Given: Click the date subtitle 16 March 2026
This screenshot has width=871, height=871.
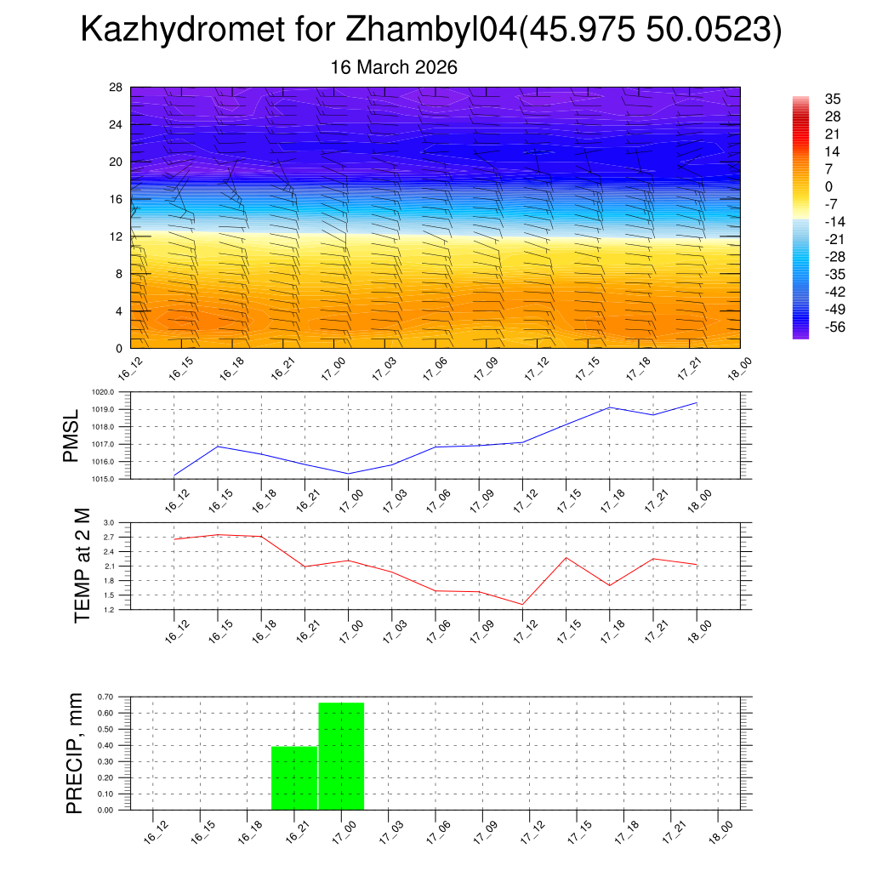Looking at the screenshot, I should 394,67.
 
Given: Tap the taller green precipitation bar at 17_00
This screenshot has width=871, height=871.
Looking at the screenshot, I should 341,756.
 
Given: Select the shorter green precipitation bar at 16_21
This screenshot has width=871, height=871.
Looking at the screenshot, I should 294,777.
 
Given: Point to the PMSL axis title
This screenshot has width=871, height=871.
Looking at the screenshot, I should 71,435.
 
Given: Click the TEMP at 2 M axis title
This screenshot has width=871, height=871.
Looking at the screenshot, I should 82,566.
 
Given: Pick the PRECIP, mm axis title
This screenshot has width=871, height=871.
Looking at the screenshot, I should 75,753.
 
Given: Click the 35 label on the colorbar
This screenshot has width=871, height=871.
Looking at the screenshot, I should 833,99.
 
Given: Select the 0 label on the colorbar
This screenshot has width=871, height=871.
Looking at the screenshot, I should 829,186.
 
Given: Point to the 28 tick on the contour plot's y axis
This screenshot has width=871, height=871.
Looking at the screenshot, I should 116,87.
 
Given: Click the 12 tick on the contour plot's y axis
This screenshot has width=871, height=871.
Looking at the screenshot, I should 116,236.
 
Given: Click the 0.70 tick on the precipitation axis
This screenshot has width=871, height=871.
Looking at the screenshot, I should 105,697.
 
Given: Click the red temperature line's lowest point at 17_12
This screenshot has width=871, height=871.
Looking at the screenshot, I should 522,604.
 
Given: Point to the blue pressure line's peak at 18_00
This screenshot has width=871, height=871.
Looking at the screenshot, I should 697,403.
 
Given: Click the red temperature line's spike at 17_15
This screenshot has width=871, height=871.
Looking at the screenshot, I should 566,557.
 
